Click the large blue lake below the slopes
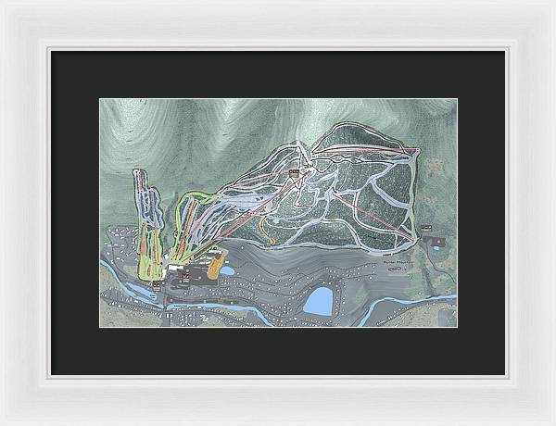[x=319, y=299]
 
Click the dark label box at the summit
[x=295, y=170]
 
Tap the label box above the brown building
[x=426, y=226]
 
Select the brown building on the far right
[x=436, y=243]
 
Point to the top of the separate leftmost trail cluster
[x=139, y=172]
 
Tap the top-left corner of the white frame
[x=3, y=3]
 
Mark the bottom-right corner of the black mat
[x=505, y=374]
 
